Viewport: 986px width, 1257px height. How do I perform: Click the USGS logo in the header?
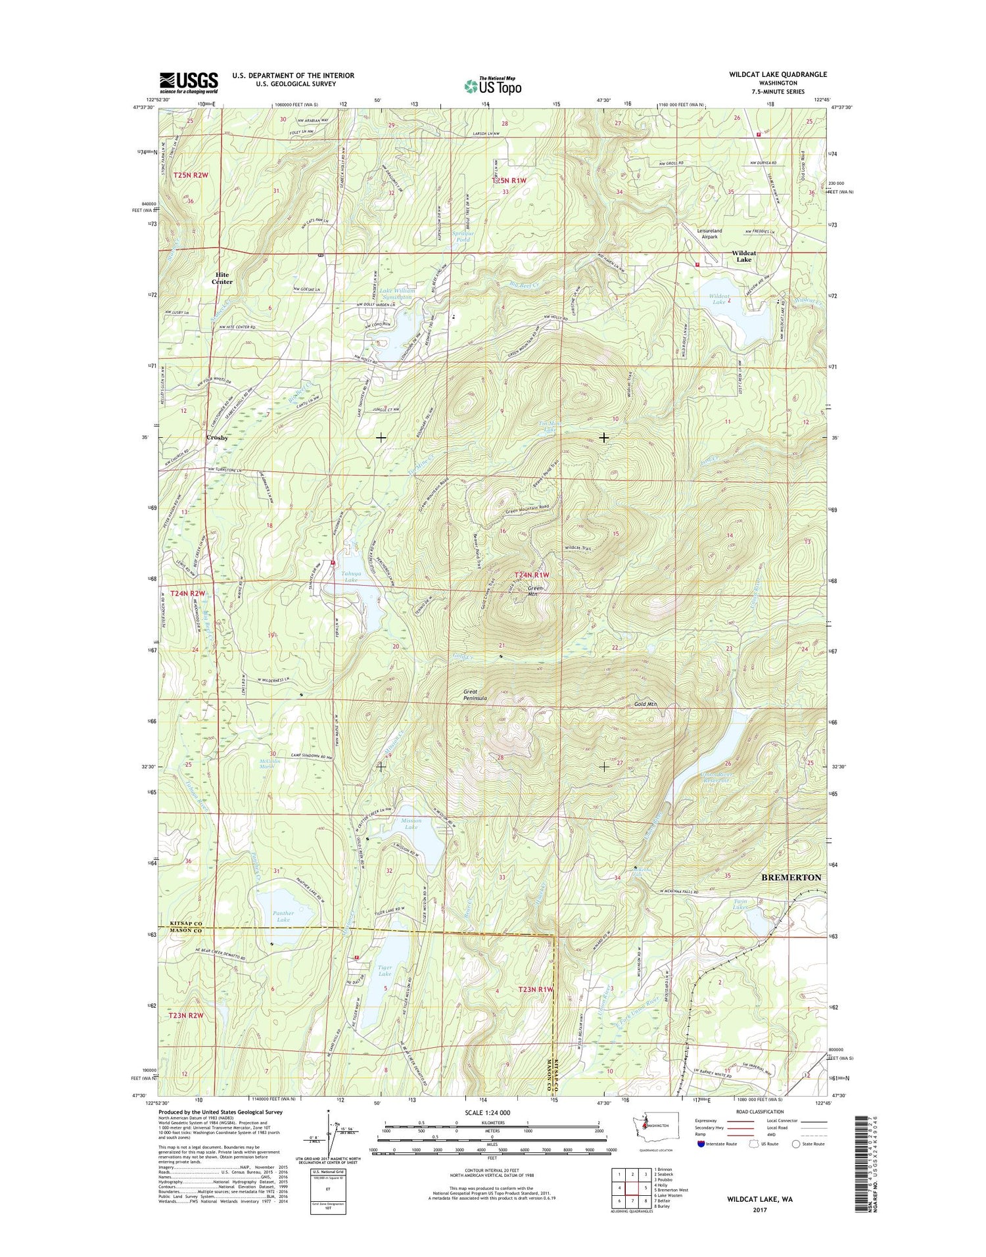click(x=189, y=82)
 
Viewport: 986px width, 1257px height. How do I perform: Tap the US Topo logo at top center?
click(x=493, y=85)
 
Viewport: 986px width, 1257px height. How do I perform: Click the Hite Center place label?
click(x=222, y=278)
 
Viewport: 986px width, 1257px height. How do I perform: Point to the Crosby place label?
click(x=217, y=437)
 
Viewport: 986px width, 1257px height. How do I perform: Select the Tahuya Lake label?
click(x=350, y=577)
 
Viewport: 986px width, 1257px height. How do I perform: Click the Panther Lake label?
click(x=283, y=916)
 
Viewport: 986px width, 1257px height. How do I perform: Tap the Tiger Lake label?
click(x=385, y=970)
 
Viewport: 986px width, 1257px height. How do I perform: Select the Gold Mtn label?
click(x=646, y=704)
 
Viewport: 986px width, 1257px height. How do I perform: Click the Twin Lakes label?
click(x=741, y=904)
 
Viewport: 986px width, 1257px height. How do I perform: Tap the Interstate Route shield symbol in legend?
click(x=701, y=1144)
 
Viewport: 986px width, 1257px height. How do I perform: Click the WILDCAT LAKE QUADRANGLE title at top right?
click(x=778, y=74)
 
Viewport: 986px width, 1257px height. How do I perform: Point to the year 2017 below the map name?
click(x=759, y=1210)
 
